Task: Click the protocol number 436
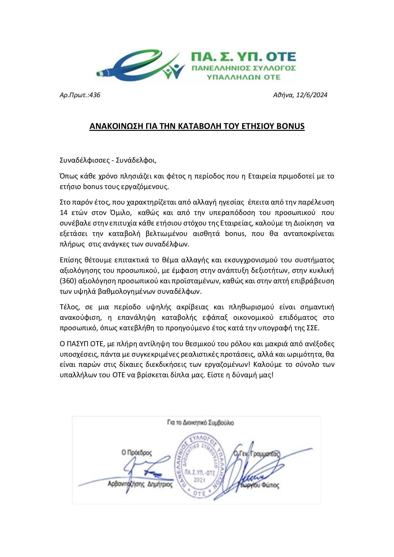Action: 95,95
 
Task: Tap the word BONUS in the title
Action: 290,126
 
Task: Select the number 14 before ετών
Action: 64,212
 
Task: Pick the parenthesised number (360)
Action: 67,281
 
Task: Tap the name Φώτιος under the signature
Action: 271,486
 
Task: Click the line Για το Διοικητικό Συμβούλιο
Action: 200,423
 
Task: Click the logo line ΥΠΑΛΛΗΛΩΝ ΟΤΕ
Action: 243,77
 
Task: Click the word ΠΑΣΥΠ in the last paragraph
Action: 76,344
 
